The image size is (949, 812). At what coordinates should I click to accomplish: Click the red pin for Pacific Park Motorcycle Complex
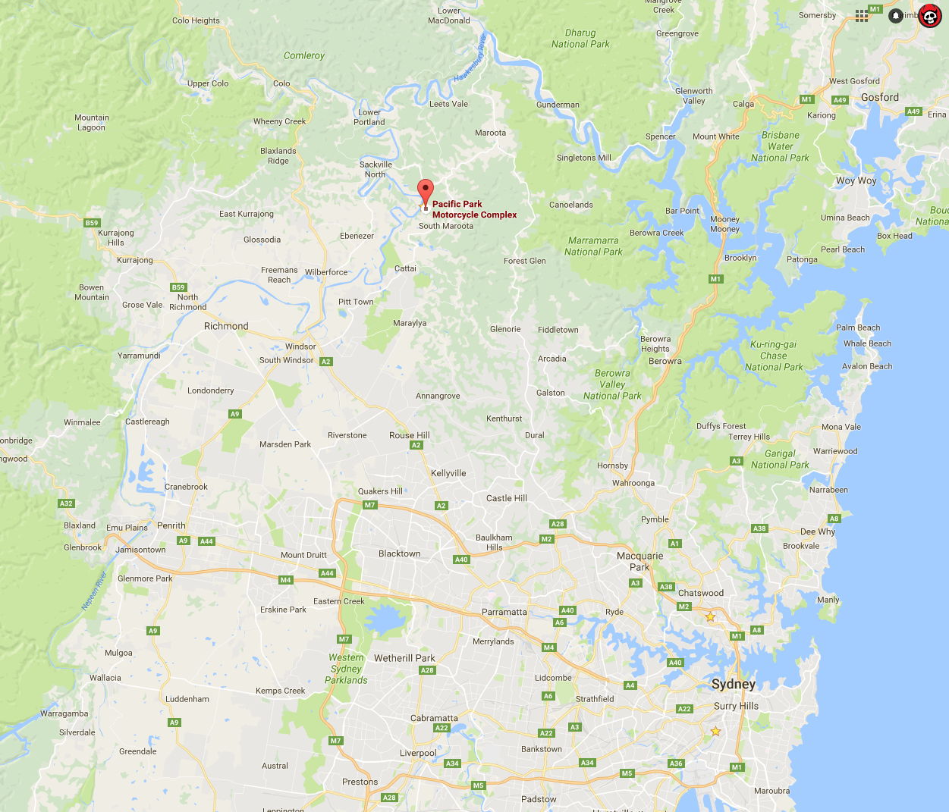coord(426,191)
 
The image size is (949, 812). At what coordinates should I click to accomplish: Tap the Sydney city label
coord(733,684)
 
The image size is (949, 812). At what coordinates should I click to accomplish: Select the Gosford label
coord(879,97)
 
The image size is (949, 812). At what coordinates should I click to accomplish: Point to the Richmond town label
coord(226,326)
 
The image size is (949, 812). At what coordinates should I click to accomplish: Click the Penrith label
coord(171,525)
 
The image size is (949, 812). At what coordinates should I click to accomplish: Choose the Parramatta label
coord(504,612)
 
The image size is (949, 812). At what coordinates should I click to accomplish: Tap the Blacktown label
coord(399,553)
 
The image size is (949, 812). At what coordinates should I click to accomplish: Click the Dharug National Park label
coord(580,39)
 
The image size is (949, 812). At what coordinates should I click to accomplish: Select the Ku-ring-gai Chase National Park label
coord(774,356)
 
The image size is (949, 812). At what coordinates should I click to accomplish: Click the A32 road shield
coord(66,503)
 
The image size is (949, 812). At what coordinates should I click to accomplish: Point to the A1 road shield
coord(675,544)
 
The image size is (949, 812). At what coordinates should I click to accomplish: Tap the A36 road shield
coord(676,763)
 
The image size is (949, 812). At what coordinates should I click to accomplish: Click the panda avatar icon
coord(929,15)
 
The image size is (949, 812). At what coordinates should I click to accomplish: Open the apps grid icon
coord(862,16)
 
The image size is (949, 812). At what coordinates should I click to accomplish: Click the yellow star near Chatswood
coord(710,617)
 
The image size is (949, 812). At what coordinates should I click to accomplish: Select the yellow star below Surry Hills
coord(715,732)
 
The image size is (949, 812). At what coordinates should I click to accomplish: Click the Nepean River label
coord(95,591)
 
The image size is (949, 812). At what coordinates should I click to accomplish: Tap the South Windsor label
coord(286,360)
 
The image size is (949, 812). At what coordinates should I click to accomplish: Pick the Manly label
coord(828,600)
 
